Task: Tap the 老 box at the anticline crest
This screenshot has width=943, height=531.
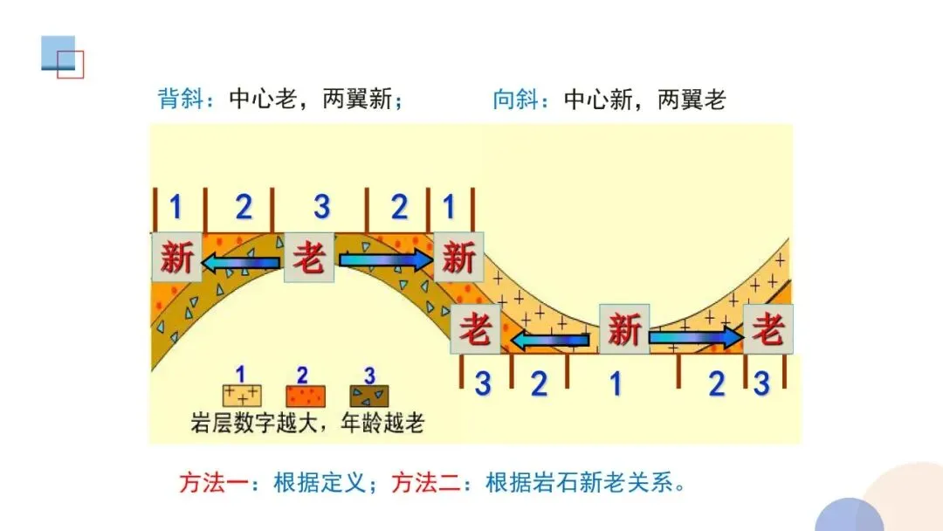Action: tap(309, 258)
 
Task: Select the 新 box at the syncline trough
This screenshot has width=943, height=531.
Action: tap(623, 330)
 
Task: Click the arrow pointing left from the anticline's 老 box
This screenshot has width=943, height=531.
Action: tap(242, 259)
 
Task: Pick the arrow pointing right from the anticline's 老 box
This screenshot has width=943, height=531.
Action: tap(385, 259)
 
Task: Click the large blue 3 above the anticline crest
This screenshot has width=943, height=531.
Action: tap(322, 208)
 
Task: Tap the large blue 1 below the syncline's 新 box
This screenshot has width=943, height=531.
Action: tap(616, 383)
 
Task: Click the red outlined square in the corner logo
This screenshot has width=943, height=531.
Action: tap(71, 65)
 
